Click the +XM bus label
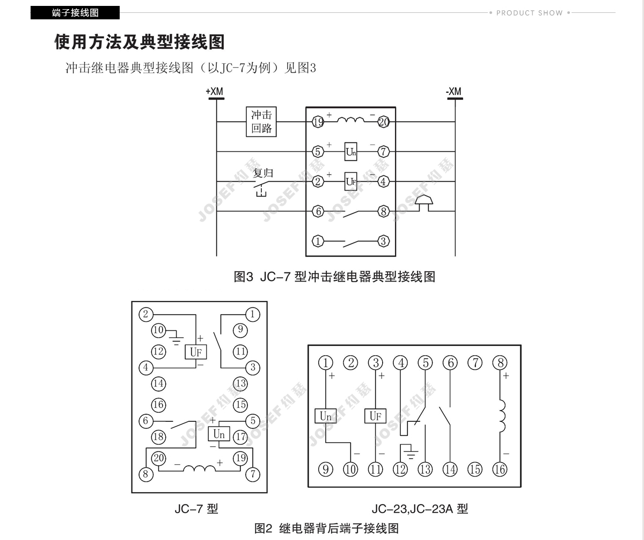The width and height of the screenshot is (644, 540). pos(214,91)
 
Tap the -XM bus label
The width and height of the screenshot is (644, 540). pos(453,91)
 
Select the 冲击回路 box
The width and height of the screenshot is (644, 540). pos(261,121)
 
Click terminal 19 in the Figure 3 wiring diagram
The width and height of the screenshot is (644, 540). pos(318,122)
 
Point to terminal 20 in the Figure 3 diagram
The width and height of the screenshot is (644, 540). pos(384,122)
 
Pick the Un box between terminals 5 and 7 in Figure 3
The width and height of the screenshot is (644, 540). pos(350,152)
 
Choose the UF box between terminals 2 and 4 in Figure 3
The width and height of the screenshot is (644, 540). pos(350,181)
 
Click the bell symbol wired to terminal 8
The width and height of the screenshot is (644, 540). pos(424,203)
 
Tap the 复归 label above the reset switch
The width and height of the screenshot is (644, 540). pos(263,173)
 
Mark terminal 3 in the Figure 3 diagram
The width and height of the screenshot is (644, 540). pos(384,241)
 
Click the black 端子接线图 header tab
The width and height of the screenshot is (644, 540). pos(75,13)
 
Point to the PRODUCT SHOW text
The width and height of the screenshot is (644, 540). pos(529,13)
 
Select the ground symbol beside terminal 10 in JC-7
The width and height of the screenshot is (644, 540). pos(176,338)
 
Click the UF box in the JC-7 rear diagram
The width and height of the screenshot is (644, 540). pos(196,351)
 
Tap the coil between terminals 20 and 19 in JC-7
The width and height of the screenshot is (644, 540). pos(200,469)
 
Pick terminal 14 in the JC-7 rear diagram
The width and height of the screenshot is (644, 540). pos(158,384)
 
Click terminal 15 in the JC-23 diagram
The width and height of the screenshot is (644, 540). pos(475,469)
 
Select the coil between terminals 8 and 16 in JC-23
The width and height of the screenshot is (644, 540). pos(502,416)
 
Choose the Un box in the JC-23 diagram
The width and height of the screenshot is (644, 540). pos(325,416)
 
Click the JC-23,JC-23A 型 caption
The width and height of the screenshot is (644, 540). pos(420,509)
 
